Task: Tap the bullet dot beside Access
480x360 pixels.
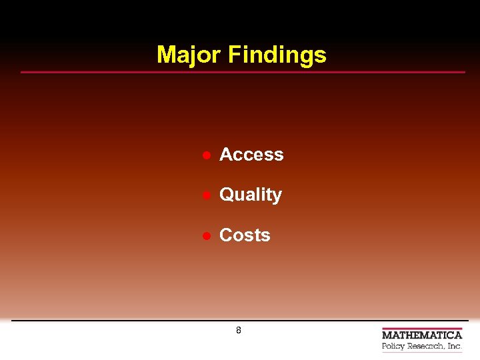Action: (207, 155)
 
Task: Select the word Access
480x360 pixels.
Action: (251, 155)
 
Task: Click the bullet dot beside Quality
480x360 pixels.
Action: (207, 195)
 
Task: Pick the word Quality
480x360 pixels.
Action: (251, 195)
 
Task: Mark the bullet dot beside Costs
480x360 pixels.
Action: (207, 236)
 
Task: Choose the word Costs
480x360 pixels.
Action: (245, 235)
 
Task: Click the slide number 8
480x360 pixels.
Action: (239, 331)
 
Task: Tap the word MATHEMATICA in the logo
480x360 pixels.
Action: (422, 335)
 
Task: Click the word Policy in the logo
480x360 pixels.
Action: (393, 347)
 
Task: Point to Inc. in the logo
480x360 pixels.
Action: (455, 346)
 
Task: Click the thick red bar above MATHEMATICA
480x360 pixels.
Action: (422, 329)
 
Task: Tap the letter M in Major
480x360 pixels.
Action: (165, 55)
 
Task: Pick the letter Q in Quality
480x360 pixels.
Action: (227, 195)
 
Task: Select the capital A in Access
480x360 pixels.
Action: (227, 155)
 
